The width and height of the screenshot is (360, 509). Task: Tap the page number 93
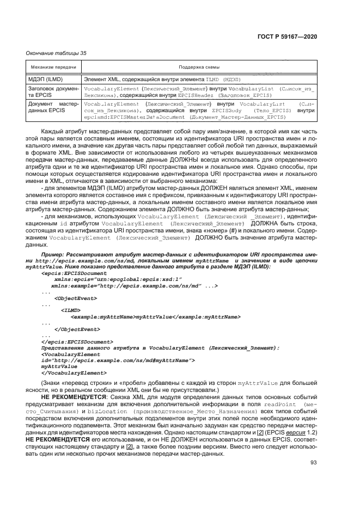pyautogui.click(x=314, y=463)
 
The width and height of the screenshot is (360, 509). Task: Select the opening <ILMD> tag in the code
pyautogui.click(x=71, y=311)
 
